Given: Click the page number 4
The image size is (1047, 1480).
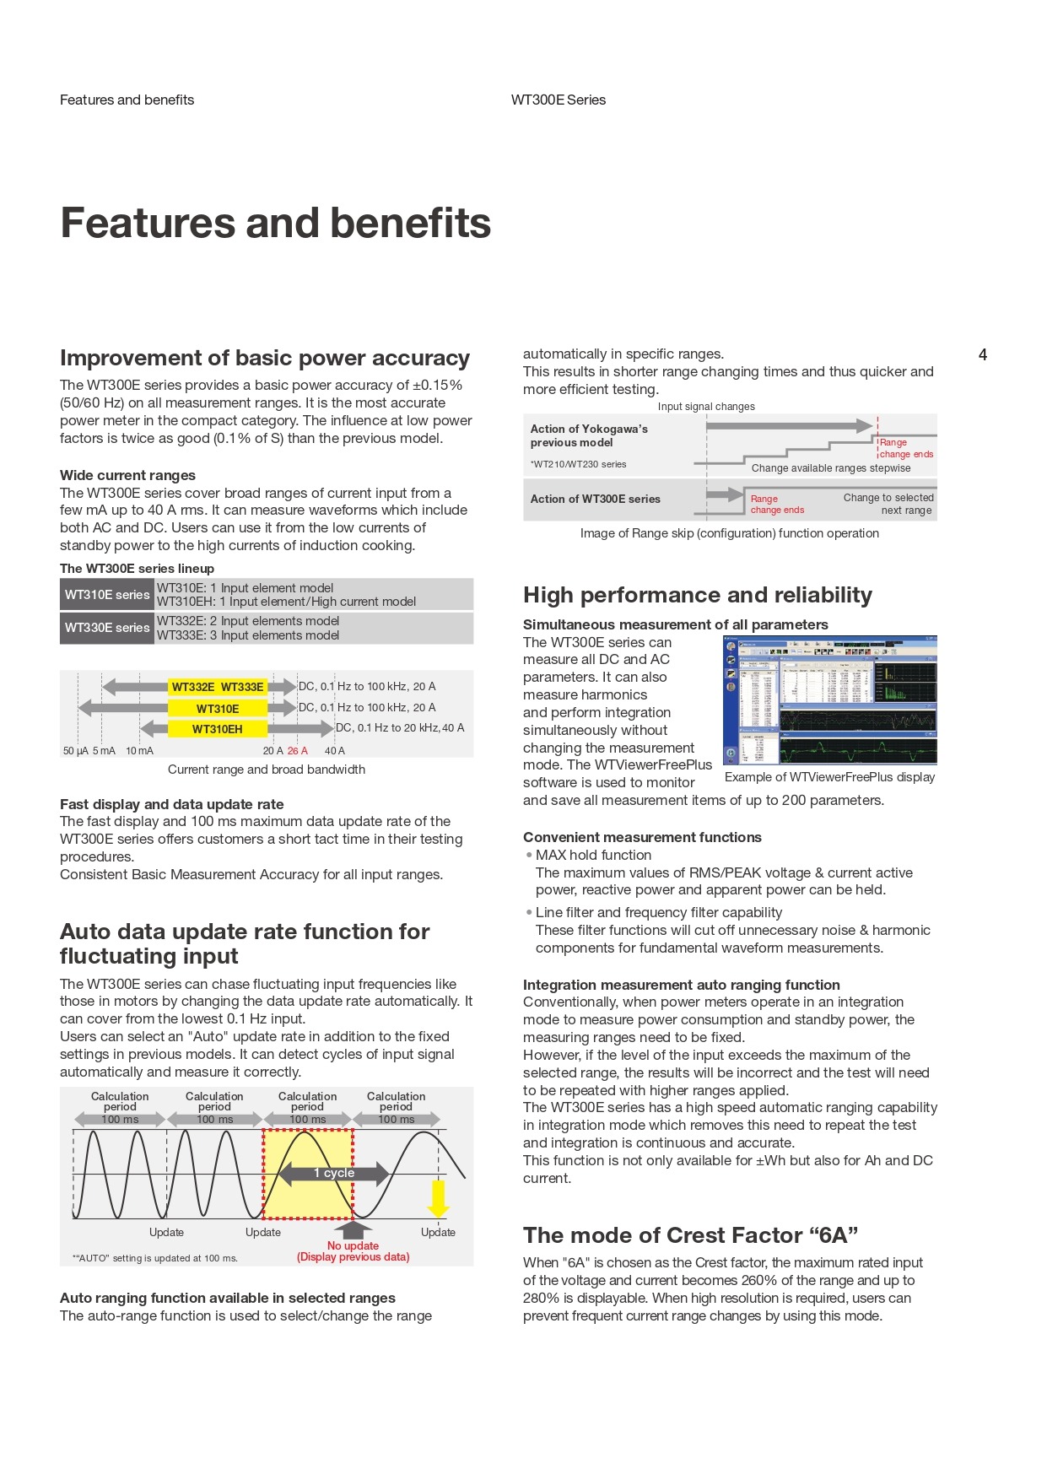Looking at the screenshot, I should click(x=982, y=354).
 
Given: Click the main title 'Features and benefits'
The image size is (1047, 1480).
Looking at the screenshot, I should click(x=275, y=224).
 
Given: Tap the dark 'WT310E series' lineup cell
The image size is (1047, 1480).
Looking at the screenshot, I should click(x=106, y=595).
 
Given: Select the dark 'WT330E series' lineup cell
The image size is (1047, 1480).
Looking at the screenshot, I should click(x=106, y=628).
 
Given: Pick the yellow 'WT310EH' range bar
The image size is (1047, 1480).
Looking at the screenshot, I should click(x=218, y=729).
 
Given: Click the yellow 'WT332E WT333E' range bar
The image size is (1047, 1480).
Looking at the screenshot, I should click(x=218, y=687).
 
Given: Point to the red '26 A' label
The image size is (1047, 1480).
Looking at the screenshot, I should click(x=297, y=751).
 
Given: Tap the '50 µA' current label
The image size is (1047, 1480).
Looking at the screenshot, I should click(x=75, y=751).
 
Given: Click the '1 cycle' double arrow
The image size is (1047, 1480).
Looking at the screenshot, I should click(x=333, y=1173).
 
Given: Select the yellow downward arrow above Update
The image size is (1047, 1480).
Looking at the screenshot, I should click(x=438, y=1198).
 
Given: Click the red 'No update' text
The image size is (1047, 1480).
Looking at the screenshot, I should click(x=353, y=1245).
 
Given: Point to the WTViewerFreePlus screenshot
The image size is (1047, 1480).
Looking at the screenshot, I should click(x=830, y=700).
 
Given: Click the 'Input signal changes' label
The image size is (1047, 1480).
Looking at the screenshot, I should click(x=706, y=407).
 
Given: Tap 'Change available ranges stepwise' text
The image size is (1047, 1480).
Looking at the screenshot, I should click(x=831, y=468).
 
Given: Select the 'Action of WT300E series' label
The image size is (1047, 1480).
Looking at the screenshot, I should click(x=595, y=499).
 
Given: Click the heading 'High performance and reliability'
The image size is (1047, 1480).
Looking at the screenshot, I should click(x=697, y=596).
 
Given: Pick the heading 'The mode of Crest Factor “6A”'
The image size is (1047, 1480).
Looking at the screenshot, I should click(x=690, y=1235).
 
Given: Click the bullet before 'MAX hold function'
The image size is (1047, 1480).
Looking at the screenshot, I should click(x=529, y=855).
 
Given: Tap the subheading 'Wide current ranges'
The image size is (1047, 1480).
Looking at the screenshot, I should click(x=127, y=475).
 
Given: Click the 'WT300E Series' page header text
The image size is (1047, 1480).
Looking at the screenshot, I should click(x=558, y=100).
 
